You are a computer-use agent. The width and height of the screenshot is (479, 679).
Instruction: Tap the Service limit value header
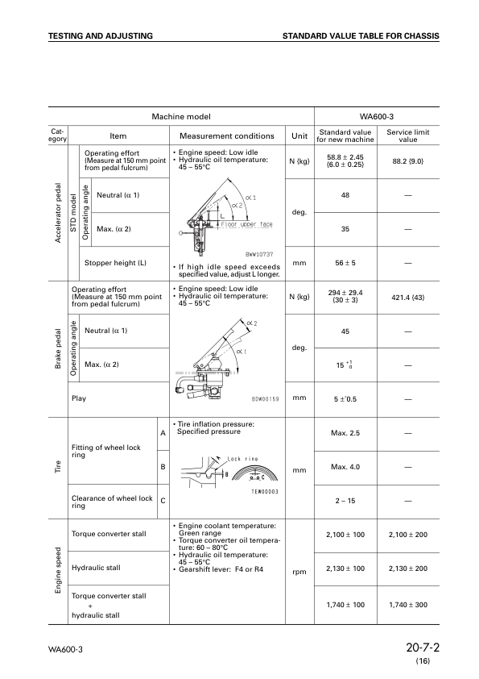(408, 135)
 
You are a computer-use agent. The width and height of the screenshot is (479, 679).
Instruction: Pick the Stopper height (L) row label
(115, 263)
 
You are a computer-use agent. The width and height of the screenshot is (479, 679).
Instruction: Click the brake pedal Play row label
(79, 398)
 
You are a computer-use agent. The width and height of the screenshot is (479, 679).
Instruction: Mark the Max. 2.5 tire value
(345, 433)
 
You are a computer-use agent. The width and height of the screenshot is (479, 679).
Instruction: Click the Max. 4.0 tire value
(345, 467)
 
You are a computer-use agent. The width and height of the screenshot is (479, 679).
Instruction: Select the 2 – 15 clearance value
(345, 501)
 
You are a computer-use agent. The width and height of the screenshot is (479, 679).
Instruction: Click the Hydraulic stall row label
(96, 568)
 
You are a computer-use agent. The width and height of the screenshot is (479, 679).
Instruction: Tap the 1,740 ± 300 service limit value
(408, 604)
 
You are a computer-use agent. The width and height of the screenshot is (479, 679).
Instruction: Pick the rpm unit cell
(299, 573)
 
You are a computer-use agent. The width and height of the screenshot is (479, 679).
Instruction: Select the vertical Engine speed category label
(58, 573)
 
